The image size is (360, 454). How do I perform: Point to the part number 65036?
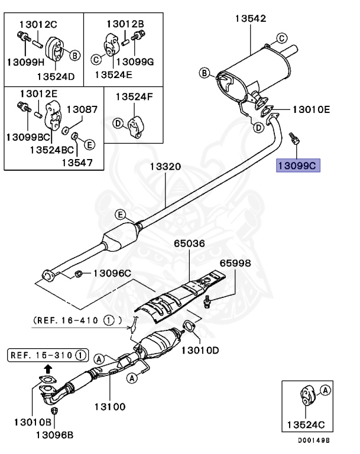(190, 243)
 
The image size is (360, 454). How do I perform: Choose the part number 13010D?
(199, 350)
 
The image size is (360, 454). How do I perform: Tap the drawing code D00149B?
(313, 441)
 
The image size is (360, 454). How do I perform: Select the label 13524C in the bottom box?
(305, 424)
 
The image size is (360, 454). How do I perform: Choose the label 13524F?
(134, 96)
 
